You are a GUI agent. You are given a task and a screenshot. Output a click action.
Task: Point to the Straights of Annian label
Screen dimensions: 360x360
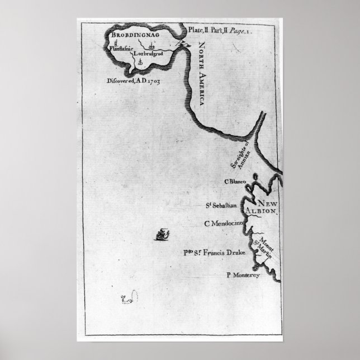point(239,155)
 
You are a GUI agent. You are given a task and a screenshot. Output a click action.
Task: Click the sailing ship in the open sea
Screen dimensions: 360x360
point(162,234)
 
